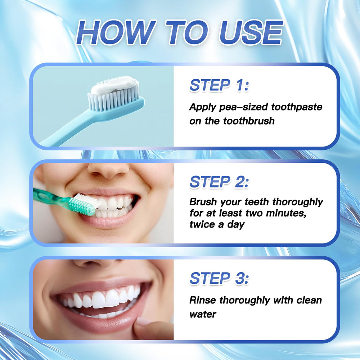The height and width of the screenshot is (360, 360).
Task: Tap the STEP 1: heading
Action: click(219, 85)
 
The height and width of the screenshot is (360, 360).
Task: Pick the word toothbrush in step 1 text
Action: click(248, 121)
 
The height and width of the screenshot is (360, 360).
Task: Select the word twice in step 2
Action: click(202, 224)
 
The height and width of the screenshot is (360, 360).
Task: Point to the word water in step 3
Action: click(203, 314)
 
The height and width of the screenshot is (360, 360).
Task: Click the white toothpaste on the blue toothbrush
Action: click(113, 85)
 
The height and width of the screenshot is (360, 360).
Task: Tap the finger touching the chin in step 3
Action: click(149, 326)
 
